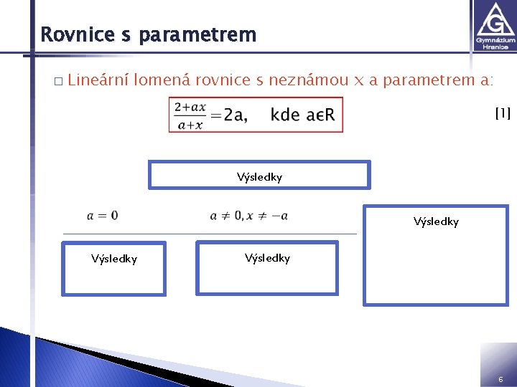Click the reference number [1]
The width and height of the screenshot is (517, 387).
coord(503,113)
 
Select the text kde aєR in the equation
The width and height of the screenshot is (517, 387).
coord(302,115)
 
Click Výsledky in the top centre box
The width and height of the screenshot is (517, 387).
coord(259,176)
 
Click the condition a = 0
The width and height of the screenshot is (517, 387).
coord(103,215)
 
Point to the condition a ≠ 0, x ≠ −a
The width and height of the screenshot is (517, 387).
coord(248,215)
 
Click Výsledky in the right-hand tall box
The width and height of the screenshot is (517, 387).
coord(436,221)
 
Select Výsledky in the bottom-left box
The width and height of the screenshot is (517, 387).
coord(114,259)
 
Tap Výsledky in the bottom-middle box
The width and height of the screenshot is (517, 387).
coord(267,258)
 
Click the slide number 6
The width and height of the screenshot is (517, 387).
coord(500,378)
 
